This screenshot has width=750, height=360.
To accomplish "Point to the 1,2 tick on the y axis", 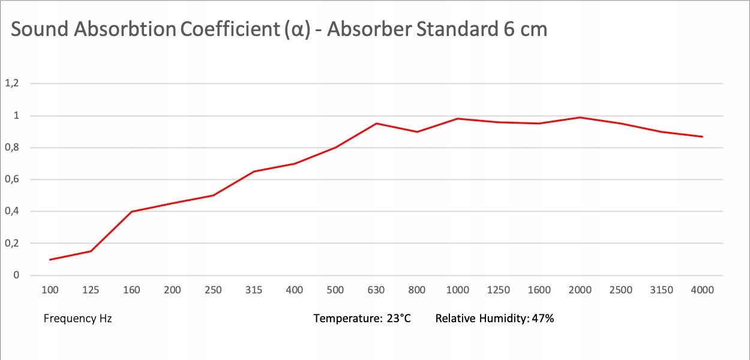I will point(12,83).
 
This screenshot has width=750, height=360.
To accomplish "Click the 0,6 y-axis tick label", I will point(12,179).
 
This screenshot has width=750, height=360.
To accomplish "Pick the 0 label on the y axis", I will point(16,275).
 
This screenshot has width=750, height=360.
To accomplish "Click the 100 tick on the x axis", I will point(50,290).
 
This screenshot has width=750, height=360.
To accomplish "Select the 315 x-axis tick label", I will point(254,290).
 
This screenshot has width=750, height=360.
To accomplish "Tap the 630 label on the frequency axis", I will point(376,290).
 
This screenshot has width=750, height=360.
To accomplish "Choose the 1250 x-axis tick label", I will point(499,290).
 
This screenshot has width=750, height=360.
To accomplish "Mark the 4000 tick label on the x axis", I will point(703,290).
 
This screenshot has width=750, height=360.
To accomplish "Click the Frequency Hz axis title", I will point(78,319).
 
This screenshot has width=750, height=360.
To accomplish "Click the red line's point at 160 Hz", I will point(131,211).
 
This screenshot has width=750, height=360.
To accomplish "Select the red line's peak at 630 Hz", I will point(376,123).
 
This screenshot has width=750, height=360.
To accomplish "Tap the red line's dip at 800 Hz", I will point(417,131).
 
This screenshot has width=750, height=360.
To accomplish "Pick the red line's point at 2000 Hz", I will point(580,117).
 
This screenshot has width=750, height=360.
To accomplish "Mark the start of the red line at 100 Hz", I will point(50,259).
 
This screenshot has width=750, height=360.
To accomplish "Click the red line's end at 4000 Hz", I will point(703,136).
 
